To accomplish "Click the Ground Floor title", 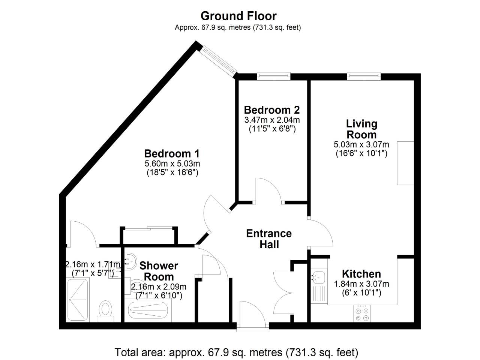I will (238, 16).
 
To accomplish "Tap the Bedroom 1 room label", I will (172, 154).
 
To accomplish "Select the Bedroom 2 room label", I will (272, 110).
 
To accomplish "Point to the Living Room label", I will (361, 129).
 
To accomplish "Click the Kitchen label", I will (361, 274).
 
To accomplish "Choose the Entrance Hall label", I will (269, 239).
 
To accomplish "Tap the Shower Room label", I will (159, 271).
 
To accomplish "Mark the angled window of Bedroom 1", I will (218, 60).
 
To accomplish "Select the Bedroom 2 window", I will (274, 76).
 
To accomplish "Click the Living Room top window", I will (364, 76).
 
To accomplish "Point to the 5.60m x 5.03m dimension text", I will (172, 164).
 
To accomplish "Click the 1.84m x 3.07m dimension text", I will (361, 284).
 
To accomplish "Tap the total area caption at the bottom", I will (236, 352).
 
